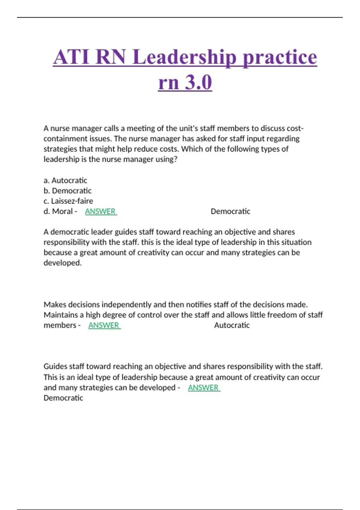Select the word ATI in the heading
pyautogui.click(x=71, y=57)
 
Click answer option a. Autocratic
pyautogui.click(x=65, y=180)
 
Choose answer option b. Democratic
pyautogui.click(x=67, y=190)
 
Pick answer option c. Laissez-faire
pyautogui.click(x=68, y=201)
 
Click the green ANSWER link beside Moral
pyautogui.click(x=100, y=211)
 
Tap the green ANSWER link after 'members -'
pyautogui.click(x=104, y=325)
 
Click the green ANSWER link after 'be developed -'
pyautogui.click(x=204, y=388)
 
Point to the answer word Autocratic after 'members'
pyautogui.click(x=232, y=325)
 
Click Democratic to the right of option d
pyautogui.click(x=230, y=211)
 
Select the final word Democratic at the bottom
pyautogui.click(x=63, y=398)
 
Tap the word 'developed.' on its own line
pyautogui.click(x=62, y=263)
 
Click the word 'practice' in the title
pyautogui.click(x=280, y=57)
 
